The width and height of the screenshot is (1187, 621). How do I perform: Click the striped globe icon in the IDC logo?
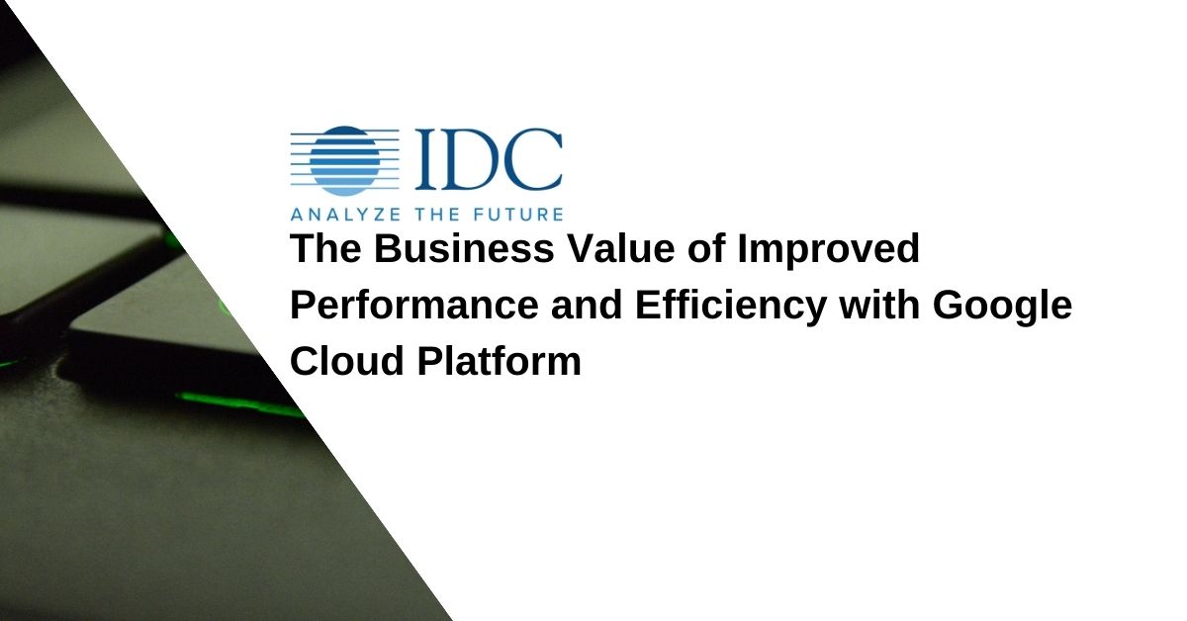coord(345,160)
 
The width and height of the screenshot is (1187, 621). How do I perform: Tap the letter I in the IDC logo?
coord(425,158)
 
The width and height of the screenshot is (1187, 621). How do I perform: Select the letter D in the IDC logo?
coord(467,158)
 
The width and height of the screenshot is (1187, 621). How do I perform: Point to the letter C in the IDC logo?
coord(532,158)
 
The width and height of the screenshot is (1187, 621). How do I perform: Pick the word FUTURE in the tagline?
coord(517,215)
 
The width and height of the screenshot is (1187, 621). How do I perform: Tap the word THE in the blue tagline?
coord(437,215)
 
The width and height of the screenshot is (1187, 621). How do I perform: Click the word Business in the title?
coord(464,248)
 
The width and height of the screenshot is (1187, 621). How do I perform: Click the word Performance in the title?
coord(414,305)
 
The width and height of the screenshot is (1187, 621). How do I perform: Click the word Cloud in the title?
coord(347,360)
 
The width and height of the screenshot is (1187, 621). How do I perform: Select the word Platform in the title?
coord(500,360)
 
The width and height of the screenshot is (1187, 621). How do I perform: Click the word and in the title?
coord(587,305)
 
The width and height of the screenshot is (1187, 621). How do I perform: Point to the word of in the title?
coord(706,248)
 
